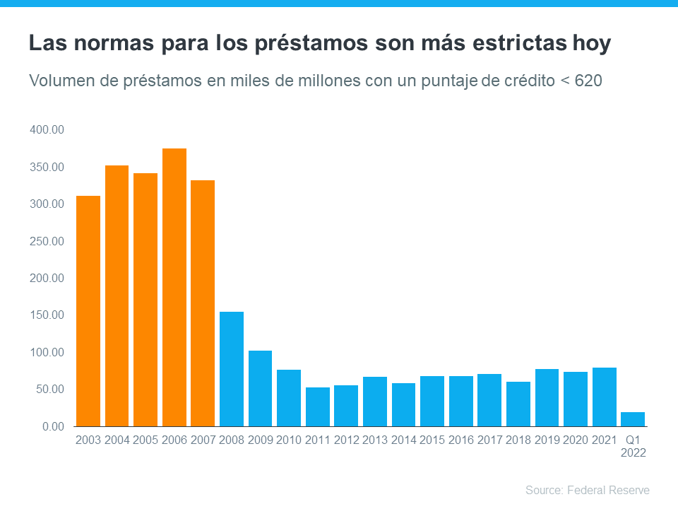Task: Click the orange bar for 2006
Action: (174, 287)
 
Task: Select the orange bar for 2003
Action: (88, 311)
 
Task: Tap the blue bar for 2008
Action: (232, 369)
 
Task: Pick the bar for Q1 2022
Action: (632, 419)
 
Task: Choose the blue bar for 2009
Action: (260, 388)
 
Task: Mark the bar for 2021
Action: (604, 397)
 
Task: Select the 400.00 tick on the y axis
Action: (47, 130)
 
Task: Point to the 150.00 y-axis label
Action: (47, 315)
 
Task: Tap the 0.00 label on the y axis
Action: (53, 426)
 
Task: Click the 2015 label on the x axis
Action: (432, 440)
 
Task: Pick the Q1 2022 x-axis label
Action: (633, 446)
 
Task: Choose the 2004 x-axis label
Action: (117, 440)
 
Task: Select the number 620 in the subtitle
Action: (588, 81)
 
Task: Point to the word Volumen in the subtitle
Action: (59, 81)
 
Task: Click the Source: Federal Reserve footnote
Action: (587, 490)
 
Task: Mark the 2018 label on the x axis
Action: (518, 440)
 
